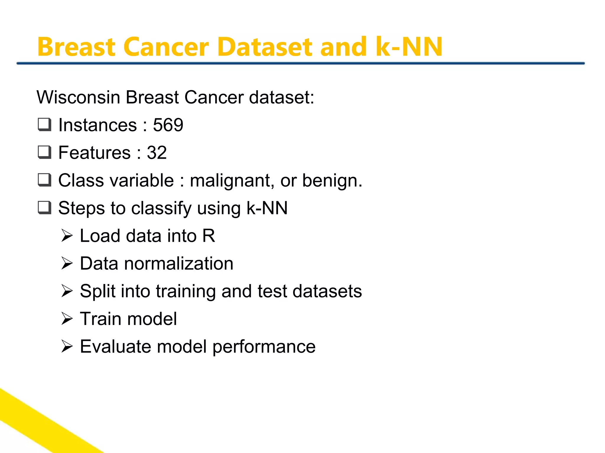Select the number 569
click(168, 125)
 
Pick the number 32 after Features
click(157, 152)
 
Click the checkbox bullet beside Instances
click(45, 124)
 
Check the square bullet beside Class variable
click(45, 180)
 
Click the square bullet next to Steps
click(45, 208)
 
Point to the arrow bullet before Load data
click(67, 236)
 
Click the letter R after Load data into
click(209, 236)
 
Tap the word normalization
click(178, 263)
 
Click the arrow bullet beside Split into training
click(67, 291)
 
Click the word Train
click(100, 319)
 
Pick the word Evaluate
click(115, 346)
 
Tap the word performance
click(264, 347)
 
